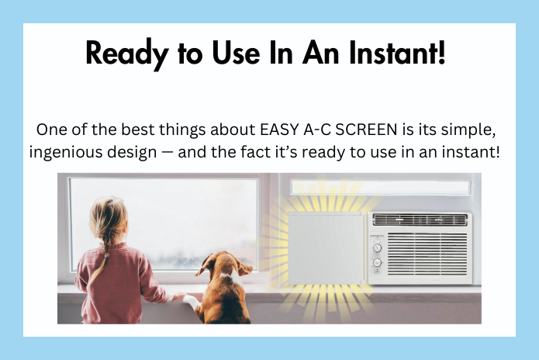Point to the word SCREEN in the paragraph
point(370,128)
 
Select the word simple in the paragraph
point(478,128)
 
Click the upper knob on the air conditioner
point(377,248)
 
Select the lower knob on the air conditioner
point(377,263)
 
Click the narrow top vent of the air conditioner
point(420,220)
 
